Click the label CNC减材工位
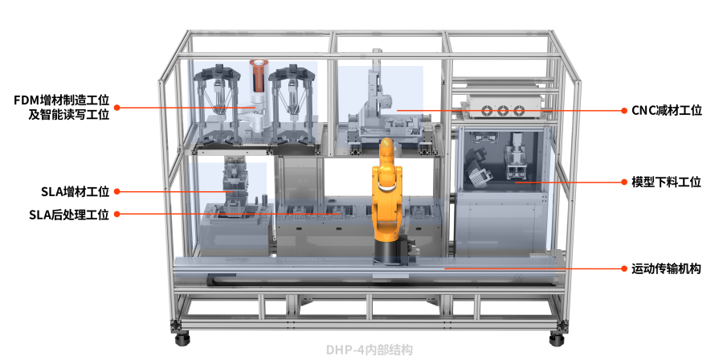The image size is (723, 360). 666,111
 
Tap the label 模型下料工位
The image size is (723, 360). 666,182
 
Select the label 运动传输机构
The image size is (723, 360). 666,268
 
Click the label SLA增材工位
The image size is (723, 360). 76,191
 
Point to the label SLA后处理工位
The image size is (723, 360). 69,215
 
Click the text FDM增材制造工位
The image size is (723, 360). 61,100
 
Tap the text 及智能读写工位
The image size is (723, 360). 69,114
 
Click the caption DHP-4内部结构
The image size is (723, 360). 369,350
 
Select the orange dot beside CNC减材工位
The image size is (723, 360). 624,111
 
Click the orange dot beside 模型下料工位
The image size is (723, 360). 624,182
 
